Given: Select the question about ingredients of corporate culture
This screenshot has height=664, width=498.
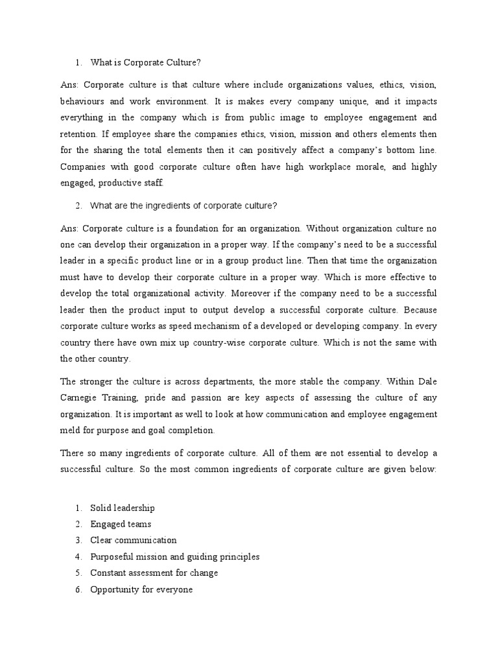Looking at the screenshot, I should tap(184, 206).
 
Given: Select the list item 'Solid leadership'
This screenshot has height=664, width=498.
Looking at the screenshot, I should tap(123, 508).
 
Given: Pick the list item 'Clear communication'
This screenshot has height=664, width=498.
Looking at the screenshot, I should tap(134, 540).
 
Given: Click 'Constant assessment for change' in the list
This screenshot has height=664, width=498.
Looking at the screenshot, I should tap(154, 573).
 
